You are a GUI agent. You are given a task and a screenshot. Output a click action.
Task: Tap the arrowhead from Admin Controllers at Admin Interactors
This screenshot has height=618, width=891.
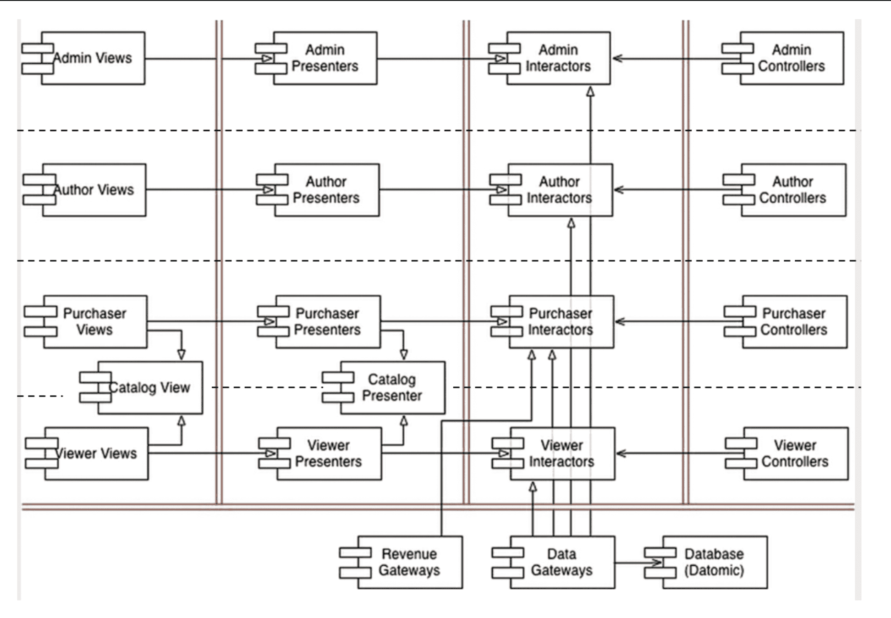[618, 58]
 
